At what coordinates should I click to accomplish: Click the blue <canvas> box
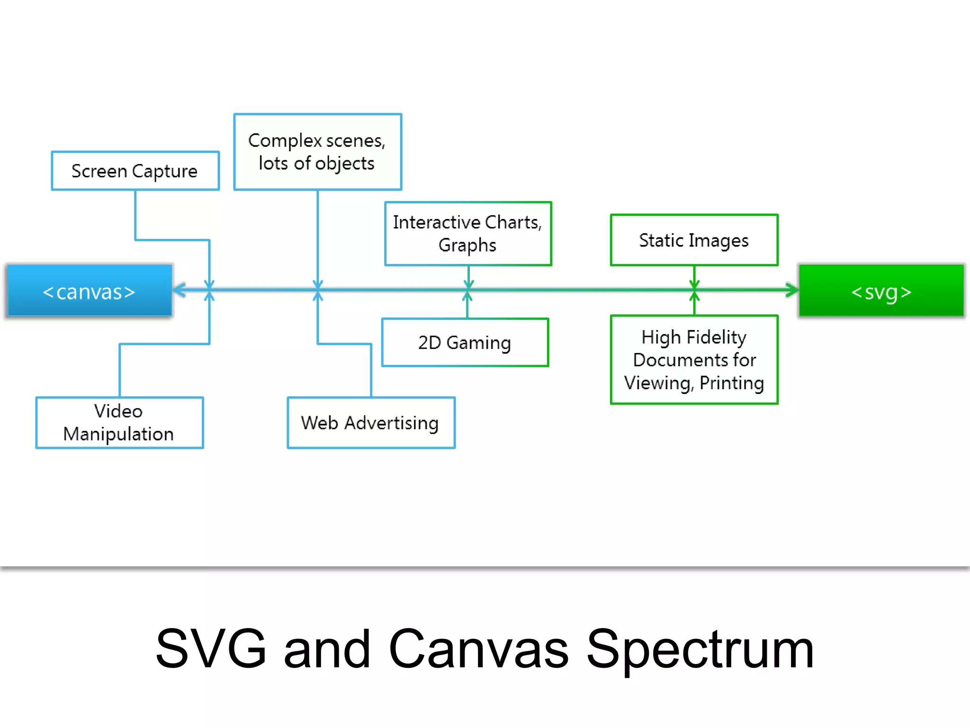(x=89, y=291)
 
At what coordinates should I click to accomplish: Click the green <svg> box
(x=881, y=291)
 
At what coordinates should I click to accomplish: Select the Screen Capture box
(x=135, y=171)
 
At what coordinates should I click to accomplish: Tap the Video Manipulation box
(x=119, y=422)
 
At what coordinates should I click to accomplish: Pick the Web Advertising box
(x=371, y=422)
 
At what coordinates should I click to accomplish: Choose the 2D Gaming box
(x=465, y=342)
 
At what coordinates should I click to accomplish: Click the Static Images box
(x=694, y=240)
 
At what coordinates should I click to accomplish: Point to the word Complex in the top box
(x=285, y=141)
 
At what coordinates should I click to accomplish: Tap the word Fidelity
(x=717, y=337)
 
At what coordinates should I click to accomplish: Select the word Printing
(x=732, y=383)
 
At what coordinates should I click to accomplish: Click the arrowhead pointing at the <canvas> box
(x=179, y=290)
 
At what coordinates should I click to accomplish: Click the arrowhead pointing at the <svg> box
(x=792, y=290)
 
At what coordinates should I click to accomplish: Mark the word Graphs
(x=467, y=246)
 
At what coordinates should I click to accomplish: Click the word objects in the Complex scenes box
(x=345, y=164)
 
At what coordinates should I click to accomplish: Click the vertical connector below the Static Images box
(x=694, y=274)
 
